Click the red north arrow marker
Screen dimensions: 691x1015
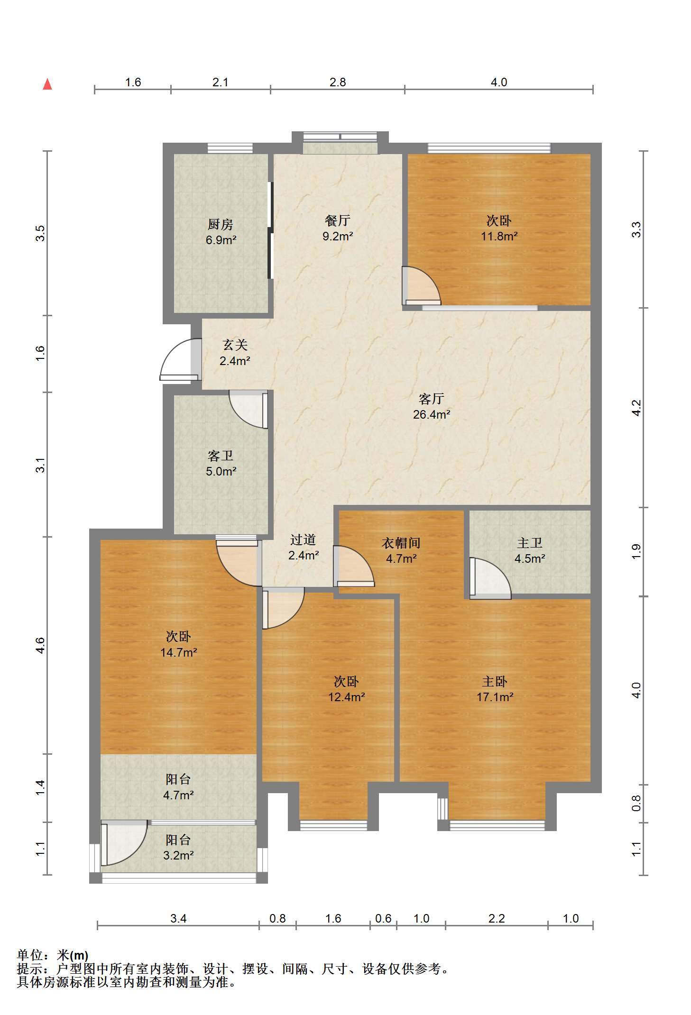[x=47, y=84]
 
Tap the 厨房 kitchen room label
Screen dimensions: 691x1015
[x=221, y=224]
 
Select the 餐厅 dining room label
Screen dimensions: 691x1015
[x=338, y=220]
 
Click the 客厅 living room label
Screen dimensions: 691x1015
[x=432, y=399]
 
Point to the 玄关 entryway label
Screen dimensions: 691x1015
[x=235, y=345]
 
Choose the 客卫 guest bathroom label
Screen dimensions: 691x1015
[x=221, y=456]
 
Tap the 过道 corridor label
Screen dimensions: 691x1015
[x=303, y=540]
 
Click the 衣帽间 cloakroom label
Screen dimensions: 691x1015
[x=401, y=543]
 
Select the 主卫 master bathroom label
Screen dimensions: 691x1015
[x=530, y=543]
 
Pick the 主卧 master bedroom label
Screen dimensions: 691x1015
[x=495, y=682]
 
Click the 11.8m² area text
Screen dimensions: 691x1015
[x=499, y=236]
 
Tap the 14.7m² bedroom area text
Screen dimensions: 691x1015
[x=179, y=652]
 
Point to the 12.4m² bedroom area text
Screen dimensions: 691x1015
[x=347, y=697]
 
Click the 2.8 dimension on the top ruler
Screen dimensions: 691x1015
[x=338, y=82]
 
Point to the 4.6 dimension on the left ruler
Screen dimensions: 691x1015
[x=40, y=645]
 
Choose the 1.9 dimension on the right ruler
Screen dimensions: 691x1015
[x=636, y=552]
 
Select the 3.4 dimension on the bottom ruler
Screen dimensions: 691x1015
[x=178, y=919]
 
